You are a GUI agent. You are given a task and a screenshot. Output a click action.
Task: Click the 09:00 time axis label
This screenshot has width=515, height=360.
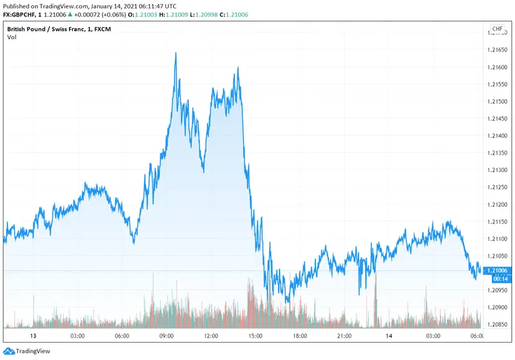tap(167, 336)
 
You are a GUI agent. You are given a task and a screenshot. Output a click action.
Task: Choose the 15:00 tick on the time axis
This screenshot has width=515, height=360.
tap(256, 336)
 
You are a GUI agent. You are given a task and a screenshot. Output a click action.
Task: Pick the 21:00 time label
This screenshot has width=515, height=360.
tap(344, 336)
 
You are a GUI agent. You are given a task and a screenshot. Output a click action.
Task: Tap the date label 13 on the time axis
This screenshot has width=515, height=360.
tap(33, 336)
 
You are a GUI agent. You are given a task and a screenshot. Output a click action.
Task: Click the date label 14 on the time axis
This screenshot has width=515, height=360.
tap(389, 336)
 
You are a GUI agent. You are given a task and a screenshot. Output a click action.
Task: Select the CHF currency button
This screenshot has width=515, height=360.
tap(497, 29)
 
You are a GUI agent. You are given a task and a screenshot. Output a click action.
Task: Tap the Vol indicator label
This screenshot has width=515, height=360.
tap(12, 37)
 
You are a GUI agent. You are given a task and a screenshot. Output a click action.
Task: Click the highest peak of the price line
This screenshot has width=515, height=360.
tap(176, 53)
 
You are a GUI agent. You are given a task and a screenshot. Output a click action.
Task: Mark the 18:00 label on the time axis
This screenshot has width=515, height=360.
tap(300, 336)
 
